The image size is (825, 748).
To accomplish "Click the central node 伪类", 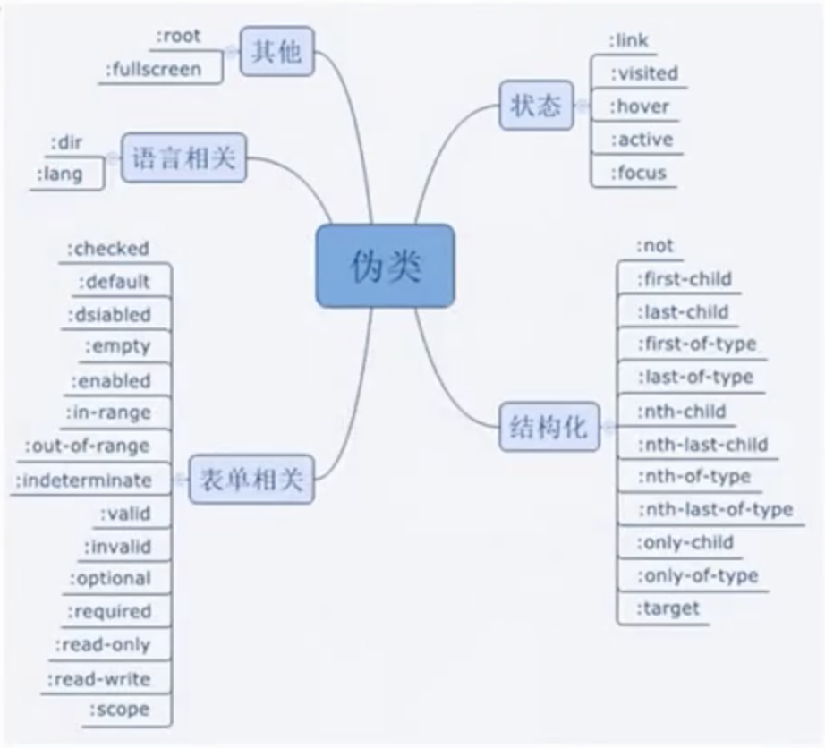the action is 385,266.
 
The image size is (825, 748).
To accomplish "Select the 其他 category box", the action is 277,51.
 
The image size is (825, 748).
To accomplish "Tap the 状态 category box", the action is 536,106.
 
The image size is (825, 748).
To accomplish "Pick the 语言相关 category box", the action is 183,157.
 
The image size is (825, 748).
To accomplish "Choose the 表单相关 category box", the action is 251,480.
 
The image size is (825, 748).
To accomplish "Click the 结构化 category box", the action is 549,426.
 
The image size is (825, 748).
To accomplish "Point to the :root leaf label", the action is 179,37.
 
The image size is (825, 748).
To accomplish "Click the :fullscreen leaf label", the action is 154,69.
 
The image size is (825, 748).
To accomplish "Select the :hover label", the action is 639,106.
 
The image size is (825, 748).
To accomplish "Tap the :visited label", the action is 644,73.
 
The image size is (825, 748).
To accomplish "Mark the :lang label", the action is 60,174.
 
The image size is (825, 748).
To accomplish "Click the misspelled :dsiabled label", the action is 109,315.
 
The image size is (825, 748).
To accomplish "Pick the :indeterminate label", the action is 83,480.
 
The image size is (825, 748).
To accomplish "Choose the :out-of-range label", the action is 88,446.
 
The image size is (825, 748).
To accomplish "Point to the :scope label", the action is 120,710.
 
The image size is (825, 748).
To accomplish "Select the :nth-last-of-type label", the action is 716,509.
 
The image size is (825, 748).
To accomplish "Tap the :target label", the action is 668,608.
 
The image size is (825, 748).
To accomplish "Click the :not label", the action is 655,246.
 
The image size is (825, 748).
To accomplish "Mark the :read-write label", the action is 99,679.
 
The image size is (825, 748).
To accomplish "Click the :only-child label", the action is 685,542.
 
